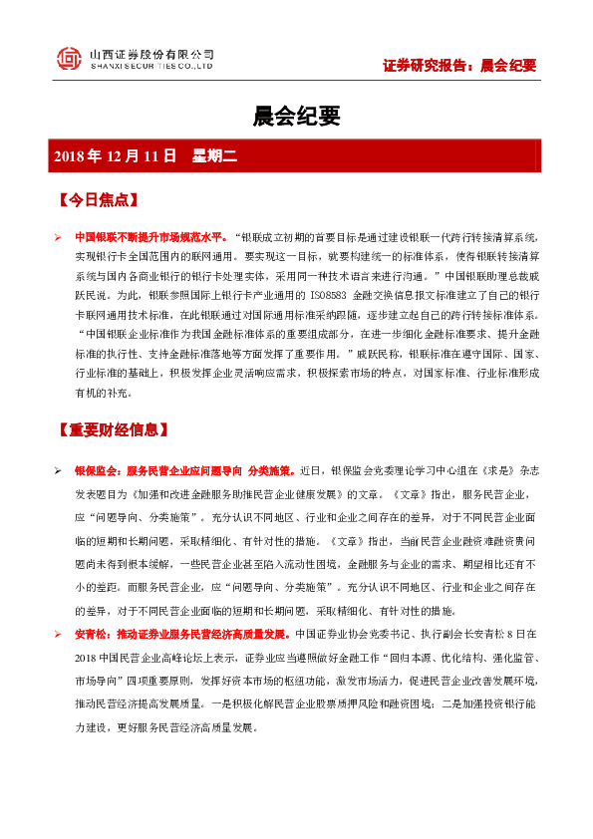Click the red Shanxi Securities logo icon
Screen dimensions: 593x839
(x=69, y=59)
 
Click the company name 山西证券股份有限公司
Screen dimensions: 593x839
(x=150, y=53)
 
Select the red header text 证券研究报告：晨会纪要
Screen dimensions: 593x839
(x=459, y=66)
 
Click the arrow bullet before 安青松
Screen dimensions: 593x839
(x=58, y=633)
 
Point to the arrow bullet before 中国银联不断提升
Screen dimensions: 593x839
(x=58, y=238)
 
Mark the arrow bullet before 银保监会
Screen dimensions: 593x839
(x=58, y=469)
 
